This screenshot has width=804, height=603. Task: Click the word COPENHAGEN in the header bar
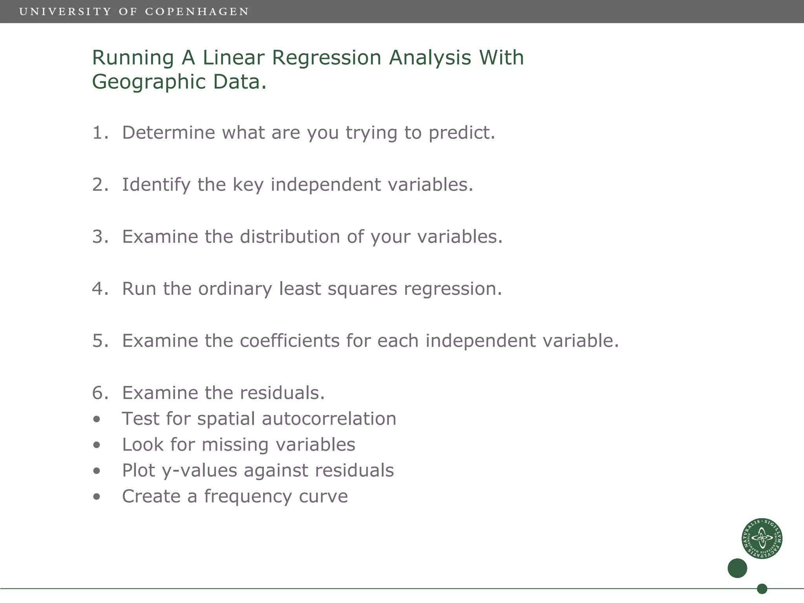(x=197, y=12)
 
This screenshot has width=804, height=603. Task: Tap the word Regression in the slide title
(x=326, y=58)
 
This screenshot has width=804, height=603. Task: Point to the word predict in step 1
(x=461, y=133)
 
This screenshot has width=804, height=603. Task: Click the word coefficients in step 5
(x=289, y=341)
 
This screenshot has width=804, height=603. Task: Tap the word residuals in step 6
(x=282, y=393)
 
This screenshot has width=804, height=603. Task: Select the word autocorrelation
(x=329, y=419)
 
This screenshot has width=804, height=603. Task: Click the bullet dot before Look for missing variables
(x=97, y=445)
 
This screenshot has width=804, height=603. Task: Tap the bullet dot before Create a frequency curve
(x=97, y=497)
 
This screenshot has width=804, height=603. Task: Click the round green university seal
(x=762, y=538)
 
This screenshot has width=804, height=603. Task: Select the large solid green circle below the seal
(x=737, y=568)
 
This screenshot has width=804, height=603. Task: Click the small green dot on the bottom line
(x=762, y=589)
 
